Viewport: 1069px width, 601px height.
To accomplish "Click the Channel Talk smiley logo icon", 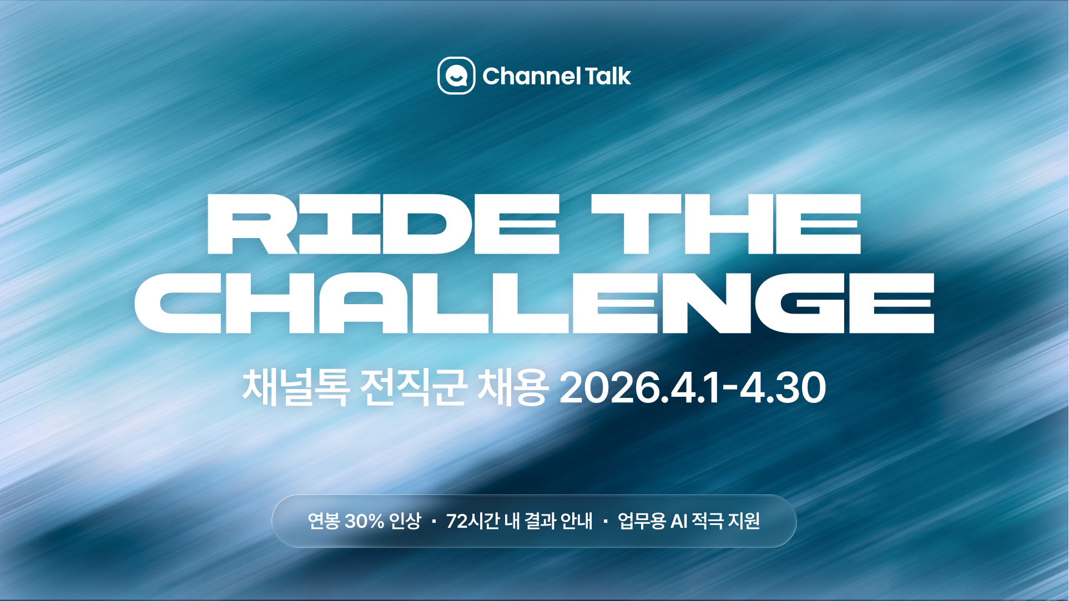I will [456, 75].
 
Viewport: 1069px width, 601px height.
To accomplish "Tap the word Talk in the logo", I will [608, 76].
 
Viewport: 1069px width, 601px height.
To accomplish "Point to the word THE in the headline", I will [726, 224].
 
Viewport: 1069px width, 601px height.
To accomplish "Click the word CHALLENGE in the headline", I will [534, 303].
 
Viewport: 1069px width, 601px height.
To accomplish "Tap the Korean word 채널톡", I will [296, 387].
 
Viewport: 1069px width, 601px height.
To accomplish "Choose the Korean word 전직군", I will [412, 387].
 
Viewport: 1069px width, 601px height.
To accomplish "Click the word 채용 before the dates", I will [513, 387].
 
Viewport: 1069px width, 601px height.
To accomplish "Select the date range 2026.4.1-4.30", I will [693, 387].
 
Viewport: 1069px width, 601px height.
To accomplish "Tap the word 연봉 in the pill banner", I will [324, 521].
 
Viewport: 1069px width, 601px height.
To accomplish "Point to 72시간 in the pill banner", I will [473, 521].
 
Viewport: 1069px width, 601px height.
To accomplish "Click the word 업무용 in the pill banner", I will [642, 521].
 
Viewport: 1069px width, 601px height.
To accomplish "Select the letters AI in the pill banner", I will [679, 521].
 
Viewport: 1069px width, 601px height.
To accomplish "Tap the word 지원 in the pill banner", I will [744, 521].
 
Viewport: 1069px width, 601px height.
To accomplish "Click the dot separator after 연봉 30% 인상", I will [433, 522].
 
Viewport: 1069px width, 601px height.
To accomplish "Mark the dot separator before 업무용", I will [605, 522].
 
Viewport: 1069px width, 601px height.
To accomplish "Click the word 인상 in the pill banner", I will [405, 521].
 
